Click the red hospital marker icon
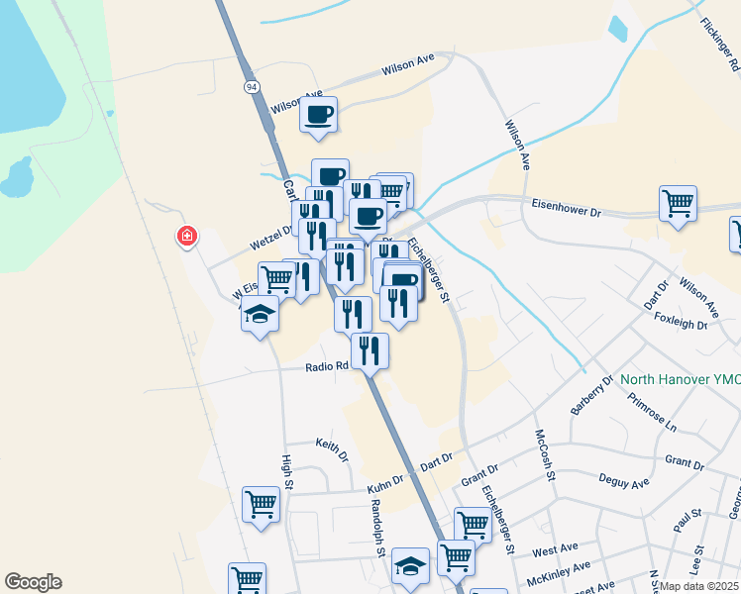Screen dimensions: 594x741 tap(186, 237)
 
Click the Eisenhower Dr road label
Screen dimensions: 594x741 tap(567, 211)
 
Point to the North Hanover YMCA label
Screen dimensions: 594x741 tap(680, 378)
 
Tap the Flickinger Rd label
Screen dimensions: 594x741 tap(719, 44)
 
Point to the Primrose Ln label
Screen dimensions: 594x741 tap(651, 413)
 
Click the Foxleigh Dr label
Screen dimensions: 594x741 tap(683, 321)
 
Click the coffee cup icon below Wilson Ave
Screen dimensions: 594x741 tap(318, 115)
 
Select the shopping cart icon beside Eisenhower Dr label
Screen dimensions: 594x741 tap(678, 204)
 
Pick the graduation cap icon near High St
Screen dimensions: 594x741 tap(260, 314)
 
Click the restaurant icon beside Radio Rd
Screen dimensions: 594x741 tap(370, 350)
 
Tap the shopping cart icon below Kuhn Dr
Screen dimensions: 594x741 tap(261, 504)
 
